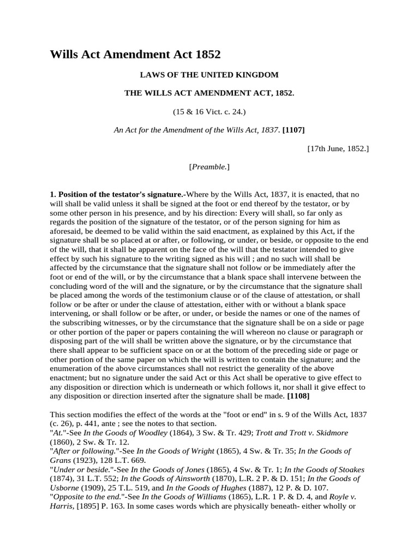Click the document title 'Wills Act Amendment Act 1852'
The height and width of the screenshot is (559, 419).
(x=135, y=55)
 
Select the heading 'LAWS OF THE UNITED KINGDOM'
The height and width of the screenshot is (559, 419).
(x=209, y=74)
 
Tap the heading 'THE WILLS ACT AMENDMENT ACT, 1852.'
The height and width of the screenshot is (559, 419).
(x=209, y=93)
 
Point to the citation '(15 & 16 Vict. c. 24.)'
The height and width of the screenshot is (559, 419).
(x=209, y=112)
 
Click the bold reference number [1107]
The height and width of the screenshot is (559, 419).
(x=294, y=130)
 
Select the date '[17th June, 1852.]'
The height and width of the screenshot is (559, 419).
(x=338, y=148)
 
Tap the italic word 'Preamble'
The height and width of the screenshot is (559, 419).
(x=209, y=166)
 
